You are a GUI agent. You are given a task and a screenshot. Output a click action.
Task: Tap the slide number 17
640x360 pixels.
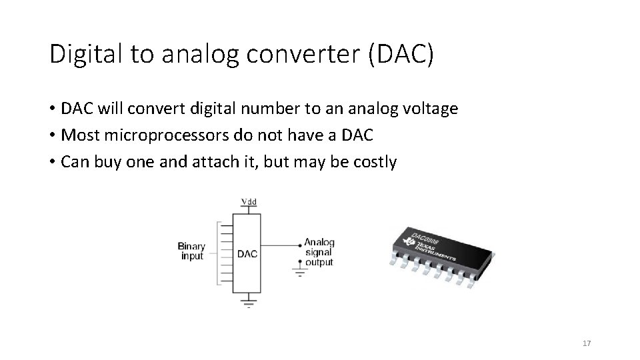[x=587, y=343]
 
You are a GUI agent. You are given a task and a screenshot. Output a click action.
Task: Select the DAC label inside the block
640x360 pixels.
[x=247, y=253]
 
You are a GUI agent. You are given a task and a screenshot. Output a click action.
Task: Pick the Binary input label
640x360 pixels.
[x=192, y=251]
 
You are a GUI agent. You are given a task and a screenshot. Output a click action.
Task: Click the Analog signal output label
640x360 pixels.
[x=319, y=253]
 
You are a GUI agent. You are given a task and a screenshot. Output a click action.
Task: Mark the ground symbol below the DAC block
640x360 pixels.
[x=248, y=305]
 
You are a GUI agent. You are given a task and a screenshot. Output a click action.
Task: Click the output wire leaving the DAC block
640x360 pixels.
[x=280, y=243]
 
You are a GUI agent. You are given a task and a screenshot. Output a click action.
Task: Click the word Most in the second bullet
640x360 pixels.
[x=77, y=135]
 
